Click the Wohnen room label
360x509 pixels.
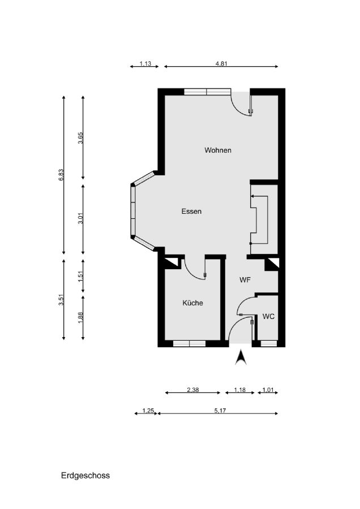point(218,150)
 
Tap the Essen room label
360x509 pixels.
point(191,212)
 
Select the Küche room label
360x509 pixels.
point(192,303)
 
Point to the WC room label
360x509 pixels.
point(268,317)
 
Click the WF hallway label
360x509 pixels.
point(245,280)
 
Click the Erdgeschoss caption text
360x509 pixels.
point(85,476)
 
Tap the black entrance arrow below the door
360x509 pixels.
point(241,357)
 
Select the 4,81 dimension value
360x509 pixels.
point(221,63)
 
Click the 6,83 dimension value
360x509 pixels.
point(61,175)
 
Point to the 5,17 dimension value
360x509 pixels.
point(220,411)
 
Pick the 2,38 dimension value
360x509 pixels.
point(192,390)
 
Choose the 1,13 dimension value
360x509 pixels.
point(145,63)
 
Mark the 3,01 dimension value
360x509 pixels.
point(80,218)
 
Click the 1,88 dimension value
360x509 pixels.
point(80,317)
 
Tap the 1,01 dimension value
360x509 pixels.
point(268,390)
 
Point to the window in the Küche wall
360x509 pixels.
point(189,344)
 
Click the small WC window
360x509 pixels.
point(269,344)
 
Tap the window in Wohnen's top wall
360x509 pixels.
point(207,92)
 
